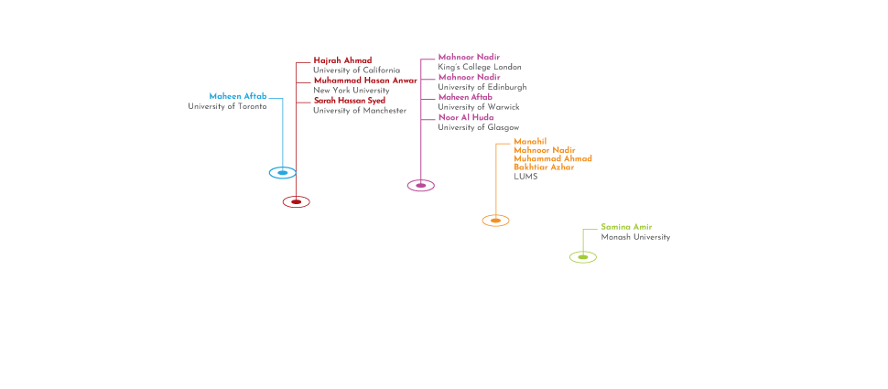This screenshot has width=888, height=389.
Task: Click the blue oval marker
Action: point(283,173)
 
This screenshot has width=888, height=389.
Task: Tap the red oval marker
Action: point(297,201)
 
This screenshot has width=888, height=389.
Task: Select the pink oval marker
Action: point(421,185)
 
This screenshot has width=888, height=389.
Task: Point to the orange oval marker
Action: point(495,221)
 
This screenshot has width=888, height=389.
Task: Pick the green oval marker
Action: point(583,257)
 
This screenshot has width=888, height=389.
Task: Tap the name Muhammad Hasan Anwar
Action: point(365,81)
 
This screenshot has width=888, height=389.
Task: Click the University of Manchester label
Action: point(360,111)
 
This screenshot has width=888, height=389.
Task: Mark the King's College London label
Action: point(480,67)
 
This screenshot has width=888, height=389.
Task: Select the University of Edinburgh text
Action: point(482,87)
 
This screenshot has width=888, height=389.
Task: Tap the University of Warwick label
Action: point(479,107)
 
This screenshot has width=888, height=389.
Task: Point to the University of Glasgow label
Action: point(479,127)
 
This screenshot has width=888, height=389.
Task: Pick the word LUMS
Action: point(525,177)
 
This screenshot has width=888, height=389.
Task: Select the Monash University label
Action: point(635,237)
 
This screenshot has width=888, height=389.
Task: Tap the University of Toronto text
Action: point(227,106)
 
